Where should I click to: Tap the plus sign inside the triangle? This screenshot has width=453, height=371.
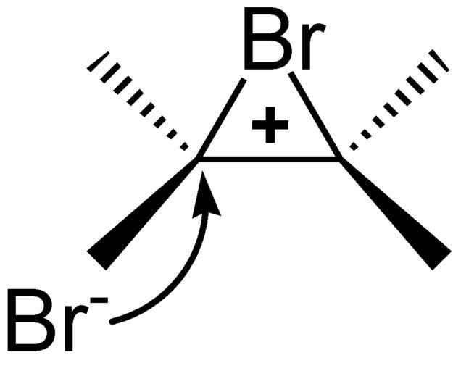click(x=270, y=128)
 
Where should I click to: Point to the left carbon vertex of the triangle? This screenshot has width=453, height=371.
click(x=200, y=157)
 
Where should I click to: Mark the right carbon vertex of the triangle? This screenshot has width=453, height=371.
click(x=338, y=157)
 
